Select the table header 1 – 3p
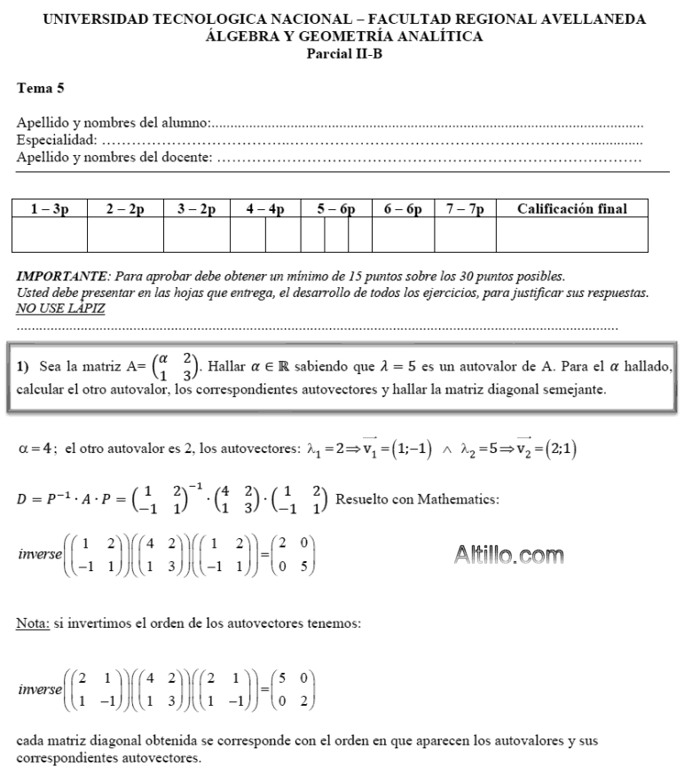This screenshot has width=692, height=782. pyautogui.click(x=49, y=209)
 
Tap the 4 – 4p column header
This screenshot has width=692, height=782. pyautogui.click(x=264, y=209)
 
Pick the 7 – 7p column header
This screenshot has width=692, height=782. pyautogui.click(x=465, y=209)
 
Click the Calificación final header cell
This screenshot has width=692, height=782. pyautogui.click(x=572, y=209)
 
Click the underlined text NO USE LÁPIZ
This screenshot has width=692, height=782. pyautogui.click(x=59, y=309)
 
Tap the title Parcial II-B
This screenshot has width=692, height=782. pyautogui.click(x=345, y=52)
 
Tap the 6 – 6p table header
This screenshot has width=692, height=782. pyautogui.click(x=403, y=209)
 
